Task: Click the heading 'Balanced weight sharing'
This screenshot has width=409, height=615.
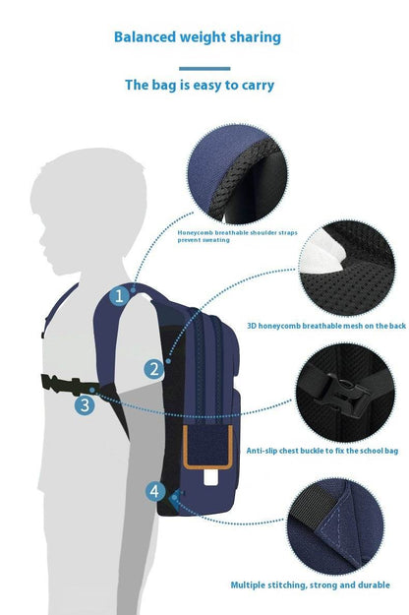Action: tap(198, 37)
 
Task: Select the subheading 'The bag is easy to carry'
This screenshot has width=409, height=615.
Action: tap(200, 86)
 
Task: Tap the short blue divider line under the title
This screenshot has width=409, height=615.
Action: tap(204, 69)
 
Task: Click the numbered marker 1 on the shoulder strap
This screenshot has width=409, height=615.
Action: tap(120, 294)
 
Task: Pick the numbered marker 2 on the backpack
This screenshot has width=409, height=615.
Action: tap(153, 369)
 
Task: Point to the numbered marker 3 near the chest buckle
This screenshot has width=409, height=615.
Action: tap(86, 403)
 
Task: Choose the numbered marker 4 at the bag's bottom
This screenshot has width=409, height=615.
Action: tap(155, 490)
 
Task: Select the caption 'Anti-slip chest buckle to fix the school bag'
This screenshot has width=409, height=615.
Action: tap(321, 450)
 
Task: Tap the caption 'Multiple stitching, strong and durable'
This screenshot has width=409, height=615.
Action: tap(310, 584)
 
